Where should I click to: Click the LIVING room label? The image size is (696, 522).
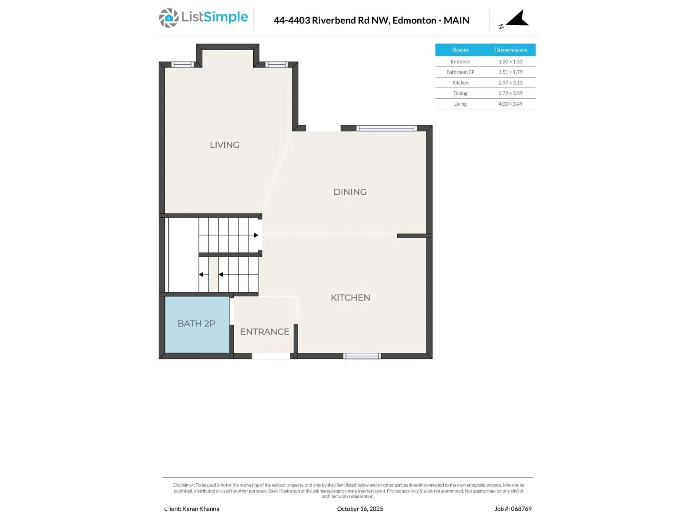pyautogui.click(x=224, y=145)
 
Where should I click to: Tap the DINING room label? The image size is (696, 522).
pyautogui.click(x=350, y=192)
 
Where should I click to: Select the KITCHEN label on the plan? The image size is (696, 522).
pyautogui.click(x=350, y=298)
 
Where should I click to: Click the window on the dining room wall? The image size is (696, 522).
pyautogui.click(x=386, y=128)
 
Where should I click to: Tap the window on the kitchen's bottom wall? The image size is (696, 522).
pyautogui.click(x=362, y=356)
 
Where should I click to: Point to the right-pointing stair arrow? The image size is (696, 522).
pyautogui.click(x=256, y=235)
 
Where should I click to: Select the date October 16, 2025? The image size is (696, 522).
pyautogui.click(x=360, y=509)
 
